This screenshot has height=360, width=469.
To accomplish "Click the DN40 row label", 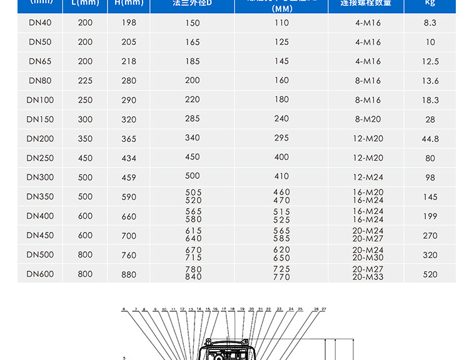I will tap(40, 22).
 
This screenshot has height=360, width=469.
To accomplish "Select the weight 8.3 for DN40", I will tap(430, 22).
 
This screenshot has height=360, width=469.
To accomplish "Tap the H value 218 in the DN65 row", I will tap(129, 61).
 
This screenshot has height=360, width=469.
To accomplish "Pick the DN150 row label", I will tap(40, 119).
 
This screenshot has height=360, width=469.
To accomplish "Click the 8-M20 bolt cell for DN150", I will tap(368, 119).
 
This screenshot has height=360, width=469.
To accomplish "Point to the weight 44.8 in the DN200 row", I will tap(430, 139).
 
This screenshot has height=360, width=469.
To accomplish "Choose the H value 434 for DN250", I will tap(129, 158).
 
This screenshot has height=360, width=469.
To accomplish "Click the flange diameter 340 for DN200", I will tap(193, 138).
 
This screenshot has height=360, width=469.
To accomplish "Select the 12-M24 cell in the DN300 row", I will tap(368, 177).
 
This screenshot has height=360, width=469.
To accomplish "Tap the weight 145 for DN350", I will tap(430, 197).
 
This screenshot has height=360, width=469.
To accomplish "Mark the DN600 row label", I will tap(40, 274).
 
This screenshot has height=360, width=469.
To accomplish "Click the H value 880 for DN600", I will tap(129, 274).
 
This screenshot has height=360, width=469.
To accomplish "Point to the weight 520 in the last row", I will tap(430, 274).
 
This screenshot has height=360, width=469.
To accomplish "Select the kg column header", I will tap(430, 3).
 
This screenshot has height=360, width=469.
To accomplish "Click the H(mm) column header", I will tap(129, 3).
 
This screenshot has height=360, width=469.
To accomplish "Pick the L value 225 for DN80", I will tap(85, 81).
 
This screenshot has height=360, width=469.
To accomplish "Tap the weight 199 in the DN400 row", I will tap(430, 216).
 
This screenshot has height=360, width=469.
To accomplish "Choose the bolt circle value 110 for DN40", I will tap(281, 22).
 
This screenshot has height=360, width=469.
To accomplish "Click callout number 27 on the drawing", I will tap(324, 309).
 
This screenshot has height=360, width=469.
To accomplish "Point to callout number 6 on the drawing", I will tap(124, 309).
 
